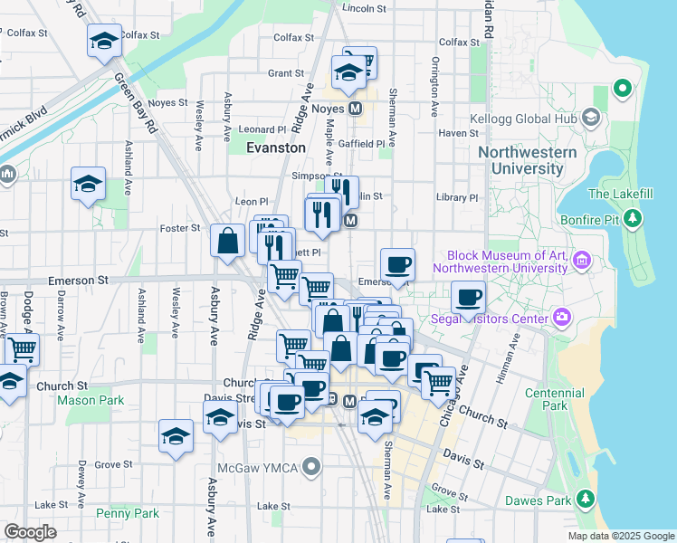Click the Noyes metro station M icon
[x=356, y=108]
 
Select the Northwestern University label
[x=527, y=160]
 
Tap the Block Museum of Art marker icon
[x=582, y=262]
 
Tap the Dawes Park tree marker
[x=585, y=499]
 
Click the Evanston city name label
[x=276, y=147]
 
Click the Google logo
[x=31, y=532]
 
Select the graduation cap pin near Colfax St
[x=104, y=41]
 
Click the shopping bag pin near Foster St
[x=227, y=241]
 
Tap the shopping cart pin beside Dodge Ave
[x=22, y=348]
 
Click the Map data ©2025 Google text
[x=620, y=536]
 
